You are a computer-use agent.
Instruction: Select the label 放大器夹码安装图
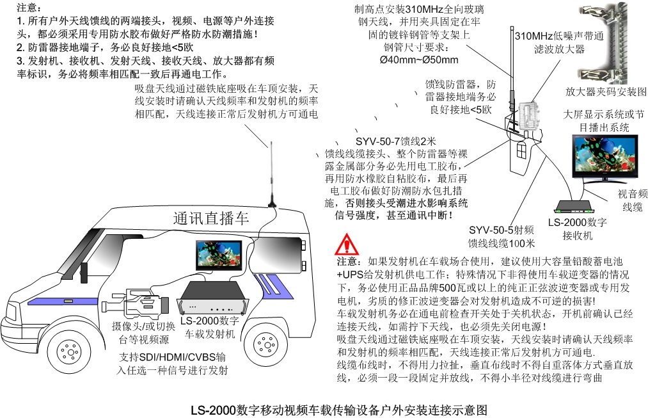pos(606,92)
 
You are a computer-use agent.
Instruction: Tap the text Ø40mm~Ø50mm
pos(419,60)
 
